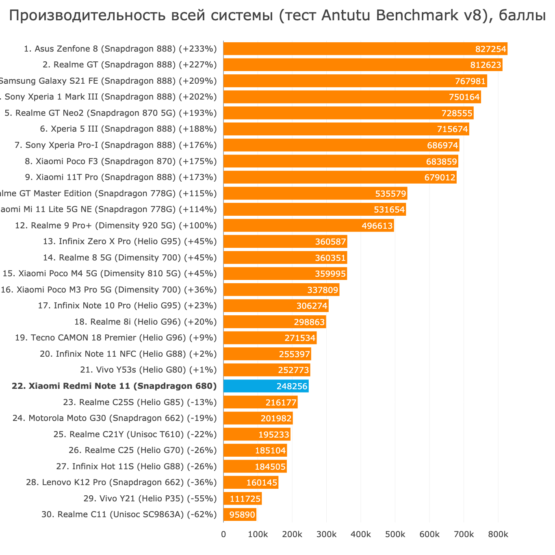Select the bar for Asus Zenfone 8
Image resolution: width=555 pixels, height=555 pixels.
(x=365, y=49)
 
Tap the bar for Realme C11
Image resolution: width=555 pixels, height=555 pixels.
(x=240, y=515)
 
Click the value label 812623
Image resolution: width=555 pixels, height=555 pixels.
(x=486, y=65)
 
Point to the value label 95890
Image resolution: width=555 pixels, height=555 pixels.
(x=242, y=515)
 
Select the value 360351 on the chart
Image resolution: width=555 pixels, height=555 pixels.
(x=330, y=258)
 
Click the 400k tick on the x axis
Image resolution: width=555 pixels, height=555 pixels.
(x=360, y=535)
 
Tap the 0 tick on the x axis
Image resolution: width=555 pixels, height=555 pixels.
(x=223, y=535)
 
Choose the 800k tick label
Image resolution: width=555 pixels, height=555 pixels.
(x=498, y=535)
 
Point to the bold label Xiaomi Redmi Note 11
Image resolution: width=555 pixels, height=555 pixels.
(x=114, y=386)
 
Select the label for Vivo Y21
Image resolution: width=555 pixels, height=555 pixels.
(x=150, y=499)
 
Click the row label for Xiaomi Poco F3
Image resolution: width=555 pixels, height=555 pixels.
(x=121, y=161)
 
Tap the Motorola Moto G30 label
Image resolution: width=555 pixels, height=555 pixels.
(x=115, y=418)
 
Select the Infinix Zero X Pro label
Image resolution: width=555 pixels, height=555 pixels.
(x=130, y=242)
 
